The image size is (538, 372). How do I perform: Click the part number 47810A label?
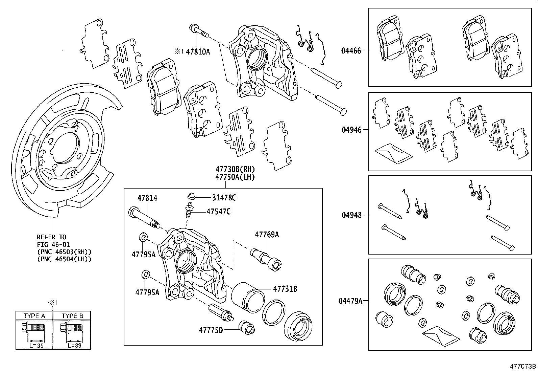(198, 52)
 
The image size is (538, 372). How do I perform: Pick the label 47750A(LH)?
(235, 177)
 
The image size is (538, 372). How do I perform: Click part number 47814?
(147, 198)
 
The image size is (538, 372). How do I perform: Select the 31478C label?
(224, 198)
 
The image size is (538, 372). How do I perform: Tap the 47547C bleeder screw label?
(219, 212)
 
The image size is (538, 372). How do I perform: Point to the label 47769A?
(267, 234)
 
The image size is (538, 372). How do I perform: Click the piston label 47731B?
(285, 289)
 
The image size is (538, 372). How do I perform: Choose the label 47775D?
(211, 330)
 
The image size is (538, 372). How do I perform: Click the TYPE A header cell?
(34, 316)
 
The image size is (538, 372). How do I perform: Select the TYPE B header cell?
(72, 316)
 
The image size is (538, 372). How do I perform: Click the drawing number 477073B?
(523, 366)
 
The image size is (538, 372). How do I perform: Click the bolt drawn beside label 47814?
(144, 217)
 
